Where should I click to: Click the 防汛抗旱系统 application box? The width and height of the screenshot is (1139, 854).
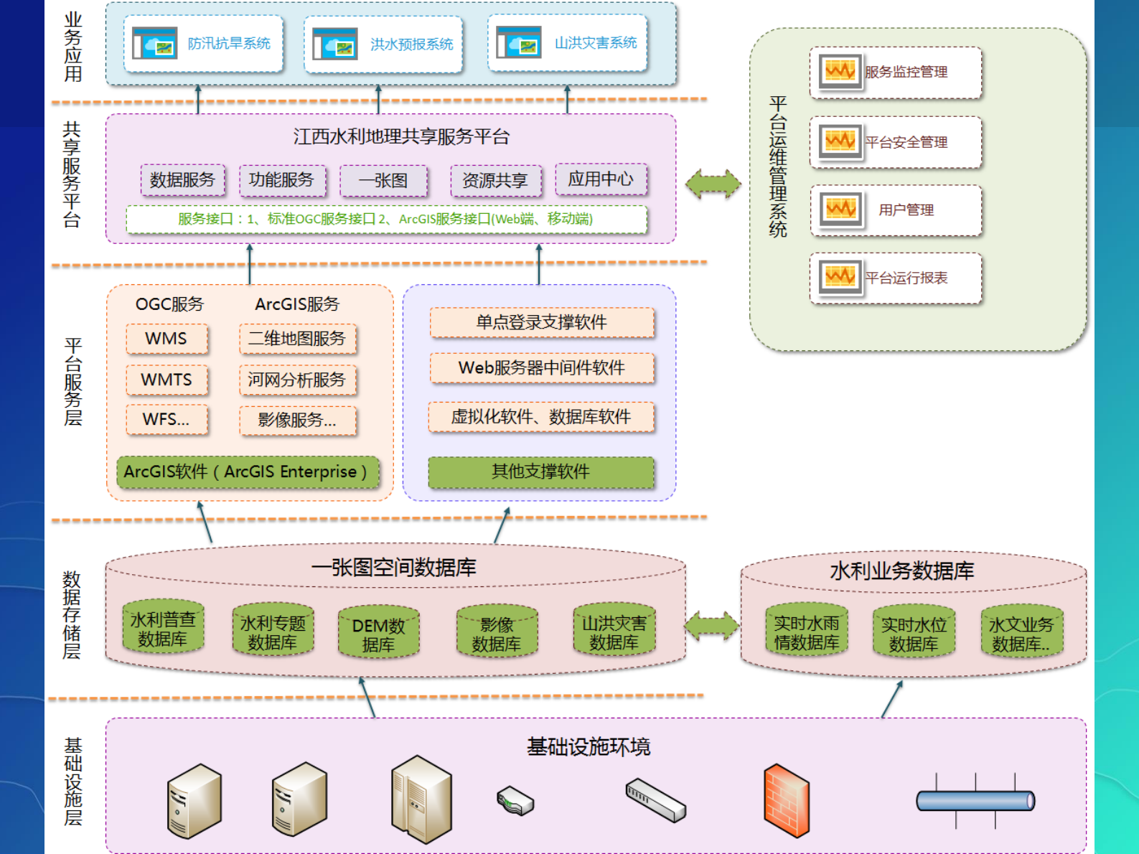pos(203,44)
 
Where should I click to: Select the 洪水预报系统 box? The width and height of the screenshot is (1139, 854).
pos(383,44)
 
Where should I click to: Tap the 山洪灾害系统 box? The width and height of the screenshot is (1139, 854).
pos(568,43)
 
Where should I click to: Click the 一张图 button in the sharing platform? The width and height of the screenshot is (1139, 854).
pos(383,181)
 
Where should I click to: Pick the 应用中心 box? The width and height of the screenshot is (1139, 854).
pos(601,179)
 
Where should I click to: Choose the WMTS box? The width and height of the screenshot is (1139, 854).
pos(167,380)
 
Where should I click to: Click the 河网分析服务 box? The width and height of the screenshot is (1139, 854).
pos(297,380)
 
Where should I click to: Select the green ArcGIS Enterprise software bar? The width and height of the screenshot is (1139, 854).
pos(247,472)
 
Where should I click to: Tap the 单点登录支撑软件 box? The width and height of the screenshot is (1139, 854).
pos(542,322)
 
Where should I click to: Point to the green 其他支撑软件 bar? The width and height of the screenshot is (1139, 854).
pos(541,471)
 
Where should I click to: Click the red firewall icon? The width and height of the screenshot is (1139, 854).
pos(786,800)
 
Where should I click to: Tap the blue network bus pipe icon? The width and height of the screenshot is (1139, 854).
pos(975,800)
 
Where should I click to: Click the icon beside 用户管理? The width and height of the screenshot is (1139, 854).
pos(840,210)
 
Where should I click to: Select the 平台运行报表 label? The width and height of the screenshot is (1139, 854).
pos(906,278)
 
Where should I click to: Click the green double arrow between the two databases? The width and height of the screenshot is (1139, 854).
pos(712,627)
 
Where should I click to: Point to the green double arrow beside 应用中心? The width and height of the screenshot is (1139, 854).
pos(713,184)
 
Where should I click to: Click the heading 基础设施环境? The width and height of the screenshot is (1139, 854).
pos(589,747)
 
